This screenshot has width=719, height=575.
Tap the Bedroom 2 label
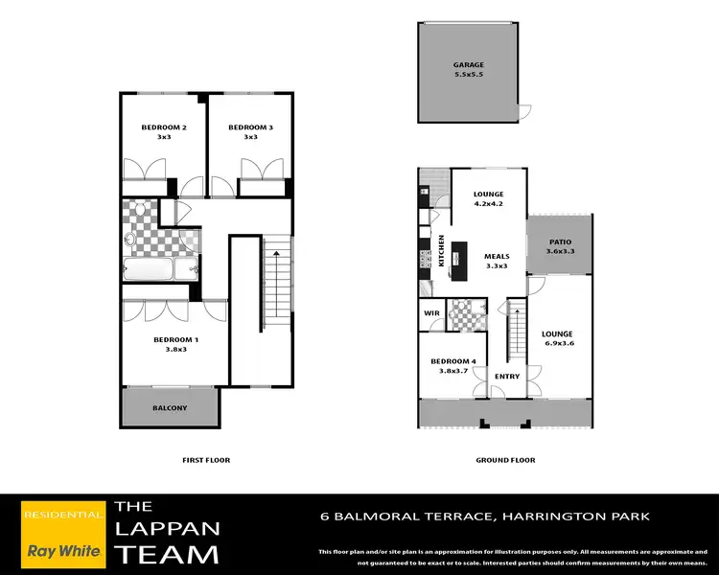164,127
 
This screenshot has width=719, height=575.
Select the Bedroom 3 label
250,127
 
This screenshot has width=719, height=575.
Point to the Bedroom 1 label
176,340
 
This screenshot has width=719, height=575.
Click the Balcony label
170,408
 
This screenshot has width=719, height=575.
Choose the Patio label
560,242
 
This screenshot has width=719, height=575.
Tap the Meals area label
497,257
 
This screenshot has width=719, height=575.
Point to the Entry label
507,377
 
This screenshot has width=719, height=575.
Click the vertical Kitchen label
442,250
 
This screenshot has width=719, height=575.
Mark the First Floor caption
206,460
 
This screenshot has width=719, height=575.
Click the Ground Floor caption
505,460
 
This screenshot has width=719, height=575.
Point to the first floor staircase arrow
276,253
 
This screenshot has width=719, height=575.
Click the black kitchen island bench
459,262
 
